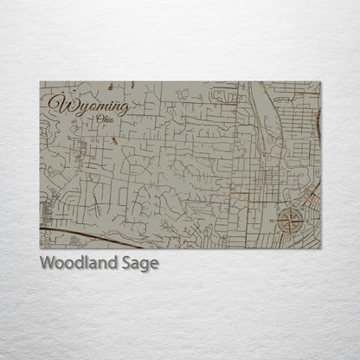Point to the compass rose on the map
[x=291, y=219]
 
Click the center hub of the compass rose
[x=291, y=219]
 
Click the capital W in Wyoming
[x=60, y=103]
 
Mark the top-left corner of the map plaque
[x=40, y=82]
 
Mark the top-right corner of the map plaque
[x=320, y=82]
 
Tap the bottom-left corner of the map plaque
[x=40, y=249]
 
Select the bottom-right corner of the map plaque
[x=320, y=249]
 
